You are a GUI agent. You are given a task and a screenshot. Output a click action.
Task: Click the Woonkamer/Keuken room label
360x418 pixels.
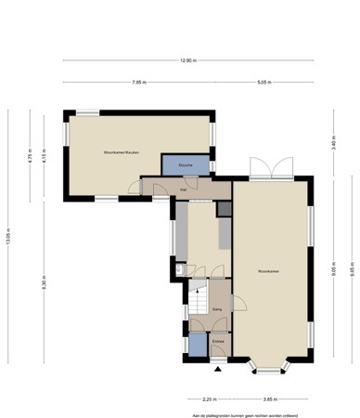[x=122, y=152]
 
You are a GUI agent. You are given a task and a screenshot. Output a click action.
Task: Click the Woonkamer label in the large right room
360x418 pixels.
[x=270, y=271]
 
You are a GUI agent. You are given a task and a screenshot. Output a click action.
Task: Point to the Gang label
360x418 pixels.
[x=215, y=308]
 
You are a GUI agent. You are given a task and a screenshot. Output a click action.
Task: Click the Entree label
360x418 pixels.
[x=218, y=343]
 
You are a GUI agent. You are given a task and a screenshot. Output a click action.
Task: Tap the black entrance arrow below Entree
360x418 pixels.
[x=218, y=368]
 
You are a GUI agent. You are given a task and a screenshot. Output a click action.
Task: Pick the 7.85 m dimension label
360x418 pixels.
[x=138, y=82]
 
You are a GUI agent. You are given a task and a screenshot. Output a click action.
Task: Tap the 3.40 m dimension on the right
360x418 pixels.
[x=333, y=144]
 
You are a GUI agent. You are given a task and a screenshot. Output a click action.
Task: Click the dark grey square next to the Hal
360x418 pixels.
[x=224, y=209]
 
